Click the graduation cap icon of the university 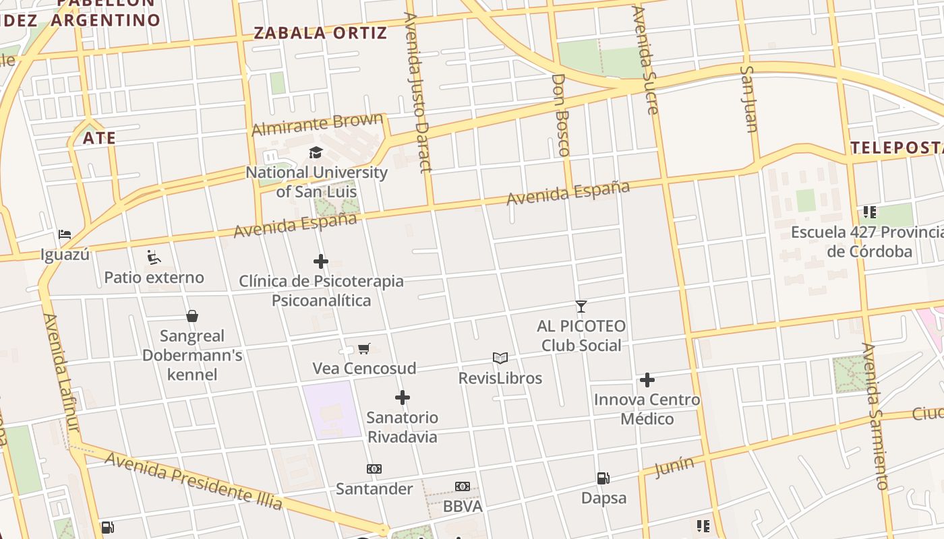pyautogui.click(x=316, y=152)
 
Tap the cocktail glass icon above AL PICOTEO pyautogui.click(x=581, y=307)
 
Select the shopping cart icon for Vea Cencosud pyautogui.click(x=364, y=348)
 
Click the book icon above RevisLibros pyautogui.click(x=500, y=358)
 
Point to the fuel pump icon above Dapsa pyautogui.click(x=603, y=478)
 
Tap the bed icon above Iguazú pyautogui.click(x=65, y=234)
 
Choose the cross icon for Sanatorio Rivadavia pyautogui.click(x=403, y=398)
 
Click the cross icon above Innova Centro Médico pyautogui.click(x=647, y=380)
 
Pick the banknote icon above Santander pyautogui.click(x=374, y=469)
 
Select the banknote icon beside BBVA pyautogui.click(x=462, y=486)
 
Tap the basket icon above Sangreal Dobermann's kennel pyautogui.click(x=192, y=316)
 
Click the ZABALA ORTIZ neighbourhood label pyautogui.click(x=320, y=33)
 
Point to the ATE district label pyautogui.click(x=100, y=139)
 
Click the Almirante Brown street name pyautogui.click(x=317, y=125)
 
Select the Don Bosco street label pyautogui.click(x=561, y=115)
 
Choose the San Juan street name pyautogui.click(x=749, y=98)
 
